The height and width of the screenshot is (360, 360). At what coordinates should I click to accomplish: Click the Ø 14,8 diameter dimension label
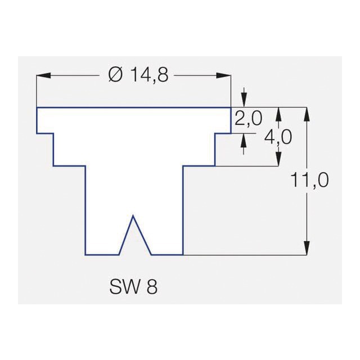tap(138, 75)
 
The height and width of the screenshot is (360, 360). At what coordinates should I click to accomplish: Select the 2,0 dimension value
tap(248, 119)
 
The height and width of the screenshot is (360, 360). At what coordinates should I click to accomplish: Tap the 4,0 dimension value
tap(278, 137)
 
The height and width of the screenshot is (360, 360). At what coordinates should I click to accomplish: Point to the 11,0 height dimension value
tap(309, 180)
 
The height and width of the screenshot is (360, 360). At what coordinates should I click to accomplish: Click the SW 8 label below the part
tap(134, 287)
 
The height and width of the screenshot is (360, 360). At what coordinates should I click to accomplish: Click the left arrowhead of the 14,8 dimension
tap(44, 75)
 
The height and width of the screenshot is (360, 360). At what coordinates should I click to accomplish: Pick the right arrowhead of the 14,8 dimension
tap(224, 75)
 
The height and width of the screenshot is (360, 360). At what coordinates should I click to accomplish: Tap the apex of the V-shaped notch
tap(133, 216)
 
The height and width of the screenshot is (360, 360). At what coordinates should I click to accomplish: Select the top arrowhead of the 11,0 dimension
tap(307, 114)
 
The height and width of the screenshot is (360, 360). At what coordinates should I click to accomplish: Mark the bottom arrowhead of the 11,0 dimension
tap(307, 247)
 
